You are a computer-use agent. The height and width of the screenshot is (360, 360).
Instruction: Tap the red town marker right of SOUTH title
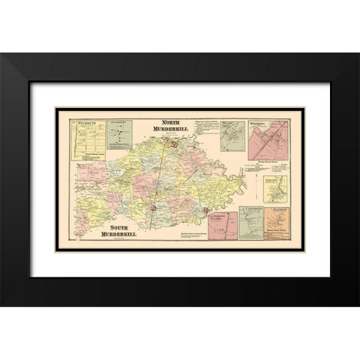click(153, 208)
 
